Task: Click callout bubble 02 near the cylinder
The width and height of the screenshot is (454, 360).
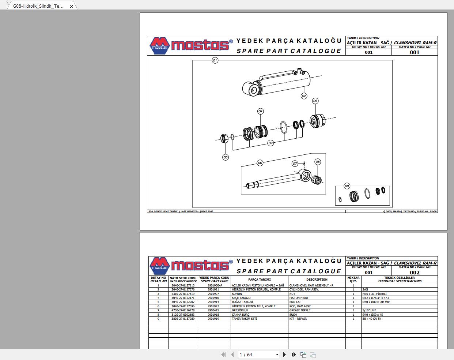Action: click(x=304, y=96)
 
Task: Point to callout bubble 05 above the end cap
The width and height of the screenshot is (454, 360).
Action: click(x=315, y=101)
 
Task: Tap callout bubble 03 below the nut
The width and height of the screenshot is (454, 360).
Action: click(x=226, y=157)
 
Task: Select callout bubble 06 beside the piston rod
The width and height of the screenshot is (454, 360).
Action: click(x=260, y=163)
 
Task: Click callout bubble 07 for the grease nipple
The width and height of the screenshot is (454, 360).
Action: click(x=295, y=164)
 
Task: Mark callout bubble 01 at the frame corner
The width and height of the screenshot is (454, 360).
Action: click(x=215, y=60)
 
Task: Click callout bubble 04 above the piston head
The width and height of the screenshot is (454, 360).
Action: click(x=260, y=111)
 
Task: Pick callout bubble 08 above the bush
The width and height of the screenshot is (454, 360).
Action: click(x=317, y=162)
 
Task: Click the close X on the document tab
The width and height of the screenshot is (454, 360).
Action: click(x=72, y=6)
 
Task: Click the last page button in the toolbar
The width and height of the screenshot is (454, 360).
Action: click(x=294, y=355)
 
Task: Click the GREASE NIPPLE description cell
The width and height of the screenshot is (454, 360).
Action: click(x=300, y=310)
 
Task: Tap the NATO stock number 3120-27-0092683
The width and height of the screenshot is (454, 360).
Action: click(x=183, y=315)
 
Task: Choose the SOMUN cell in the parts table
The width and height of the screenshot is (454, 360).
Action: click(x=237, y=294)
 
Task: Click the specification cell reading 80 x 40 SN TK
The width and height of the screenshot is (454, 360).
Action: click(x=372, y=319)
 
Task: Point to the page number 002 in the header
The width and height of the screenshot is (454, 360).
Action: click(x=415, y=273)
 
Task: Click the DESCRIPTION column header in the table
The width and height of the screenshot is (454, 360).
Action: click(x=317, y=280)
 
